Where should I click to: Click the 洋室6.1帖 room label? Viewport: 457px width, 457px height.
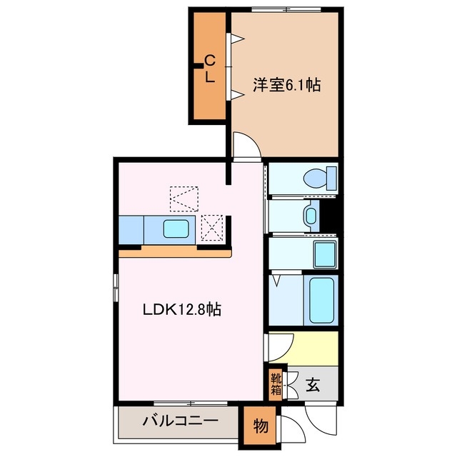click(286, 86)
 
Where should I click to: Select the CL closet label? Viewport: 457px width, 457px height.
click(209, 69)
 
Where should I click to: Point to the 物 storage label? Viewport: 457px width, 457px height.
click(260, 427)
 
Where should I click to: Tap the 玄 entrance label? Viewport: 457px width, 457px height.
click(313, 386)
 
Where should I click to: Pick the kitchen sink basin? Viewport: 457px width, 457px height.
click(176, 229)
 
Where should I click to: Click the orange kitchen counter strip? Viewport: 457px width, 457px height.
click(176, 252)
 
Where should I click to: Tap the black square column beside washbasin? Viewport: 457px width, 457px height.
click(329, 214)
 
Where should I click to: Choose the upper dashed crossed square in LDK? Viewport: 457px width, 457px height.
click(184, 199)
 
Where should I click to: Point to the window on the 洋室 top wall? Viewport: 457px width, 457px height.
click(284, 9)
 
